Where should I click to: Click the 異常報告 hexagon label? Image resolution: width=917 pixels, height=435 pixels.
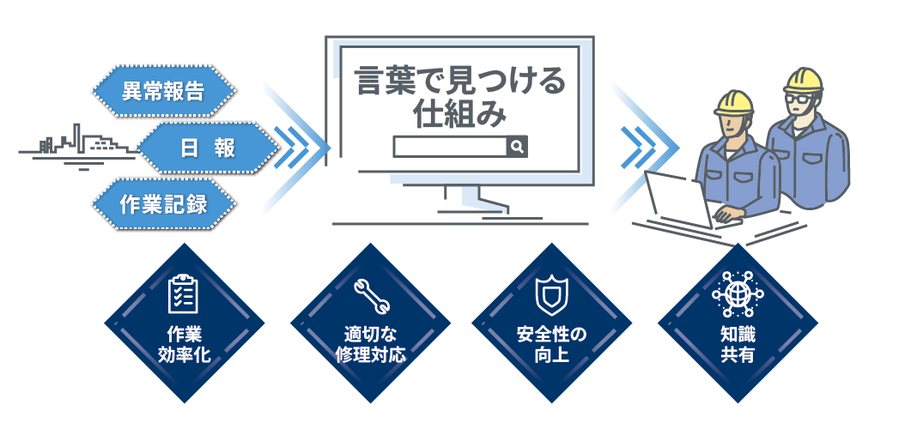coord(164,91)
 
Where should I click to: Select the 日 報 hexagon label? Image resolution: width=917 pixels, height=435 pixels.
coord(208,148)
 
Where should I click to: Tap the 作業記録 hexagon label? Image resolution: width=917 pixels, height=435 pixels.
coord(164,204)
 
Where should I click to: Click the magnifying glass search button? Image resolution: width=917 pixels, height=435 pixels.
coord(517,146)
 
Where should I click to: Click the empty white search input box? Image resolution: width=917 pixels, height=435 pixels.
coord(450,147)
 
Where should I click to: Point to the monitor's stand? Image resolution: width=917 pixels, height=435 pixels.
coord(474,201)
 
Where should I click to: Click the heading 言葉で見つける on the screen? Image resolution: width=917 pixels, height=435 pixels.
coord(460,82)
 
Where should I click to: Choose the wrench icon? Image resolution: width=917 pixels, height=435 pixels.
coord(370,295)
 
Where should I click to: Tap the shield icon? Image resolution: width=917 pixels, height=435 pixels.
coord(551,294)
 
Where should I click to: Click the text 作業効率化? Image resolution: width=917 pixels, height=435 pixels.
coord(184,345)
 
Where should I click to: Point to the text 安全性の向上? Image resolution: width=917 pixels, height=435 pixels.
coord(551,345)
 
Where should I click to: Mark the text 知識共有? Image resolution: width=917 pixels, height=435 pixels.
coord(738,345)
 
